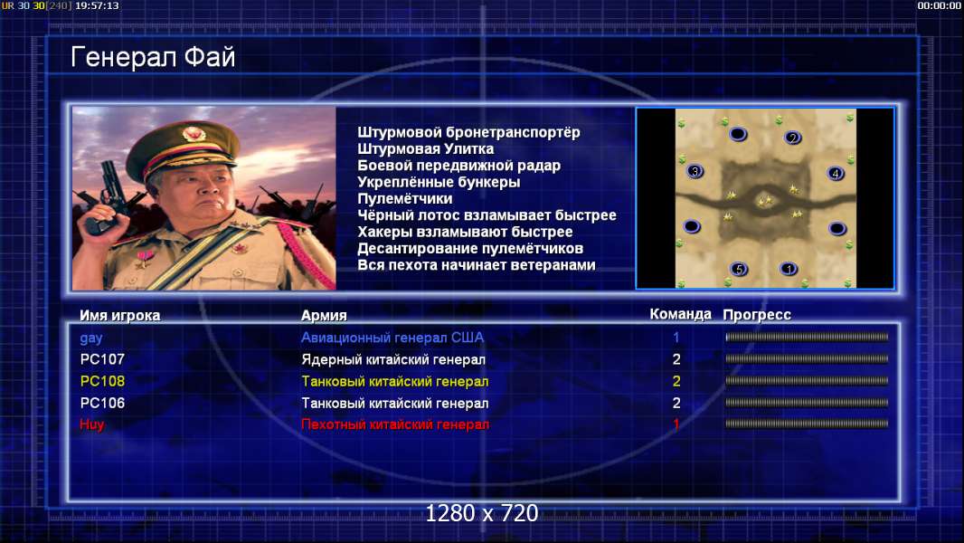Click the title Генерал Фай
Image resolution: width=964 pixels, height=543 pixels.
[153, 58]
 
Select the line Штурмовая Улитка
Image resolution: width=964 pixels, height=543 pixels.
[425, 148]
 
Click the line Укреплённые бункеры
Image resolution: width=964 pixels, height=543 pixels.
[439, 182]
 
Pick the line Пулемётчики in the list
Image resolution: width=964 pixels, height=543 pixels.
[404, 198]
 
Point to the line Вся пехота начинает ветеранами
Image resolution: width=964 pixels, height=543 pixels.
[477, 265]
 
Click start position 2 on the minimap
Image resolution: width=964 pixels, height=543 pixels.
[792, 138]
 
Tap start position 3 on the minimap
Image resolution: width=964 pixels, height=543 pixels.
[695, 172]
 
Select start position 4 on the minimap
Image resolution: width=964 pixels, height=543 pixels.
[835, 174]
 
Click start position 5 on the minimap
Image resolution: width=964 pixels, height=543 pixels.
[739, 269]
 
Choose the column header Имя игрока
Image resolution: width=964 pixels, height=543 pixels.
[120, 316]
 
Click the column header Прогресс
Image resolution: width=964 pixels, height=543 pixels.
[757, 315]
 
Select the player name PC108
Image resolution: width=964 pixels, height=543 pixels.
[103, 381]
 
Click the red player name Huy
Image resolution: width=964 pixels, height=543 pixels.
[91, 424]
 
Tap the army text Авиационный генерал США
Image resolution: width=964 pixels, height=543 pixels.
[392, 338]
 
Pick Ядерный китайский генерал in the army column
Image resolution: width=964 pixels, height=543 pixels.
[393, 360]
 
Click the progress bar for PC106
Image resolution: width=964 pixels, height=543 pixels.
[807, 403]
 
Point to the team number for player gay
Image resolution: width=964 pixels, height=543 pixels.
[676, 338]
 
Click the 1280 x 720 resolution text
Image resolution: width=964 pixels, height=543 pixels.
[482, 513]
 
